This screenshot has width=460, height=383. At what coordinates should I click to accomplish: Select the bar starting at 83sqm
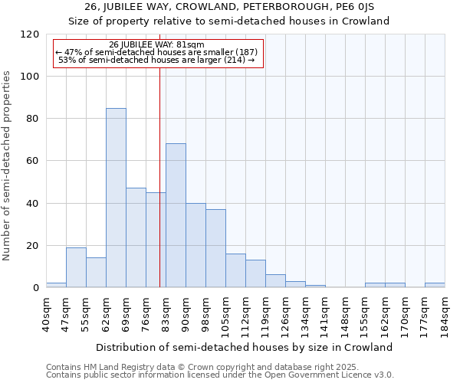[176, 215]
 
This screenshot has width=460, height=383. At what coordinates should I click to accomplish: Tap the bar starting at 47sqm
[76, 267]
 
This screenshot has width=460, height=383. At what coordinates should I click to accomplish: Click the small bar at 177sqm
[435, 285]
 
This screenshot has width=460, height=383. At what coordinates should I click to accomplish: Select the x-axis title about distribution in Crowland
[245, 347]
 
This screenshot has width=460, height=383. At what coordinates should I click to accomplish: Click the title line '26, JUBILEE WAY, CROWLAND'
[230, 7]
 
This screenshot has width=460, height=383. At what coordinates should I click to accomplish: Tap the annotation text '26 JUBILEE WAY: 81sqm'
[157, 45]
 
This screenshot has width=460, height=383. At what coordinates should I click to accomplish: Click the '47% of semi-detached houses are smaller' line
[157, 52]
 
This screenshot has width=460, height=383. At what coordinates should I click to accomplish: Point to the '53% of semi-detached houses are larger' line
[157, 60]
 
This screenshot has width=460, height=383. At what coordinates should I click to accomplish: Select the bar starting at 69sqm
[136, 237]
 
